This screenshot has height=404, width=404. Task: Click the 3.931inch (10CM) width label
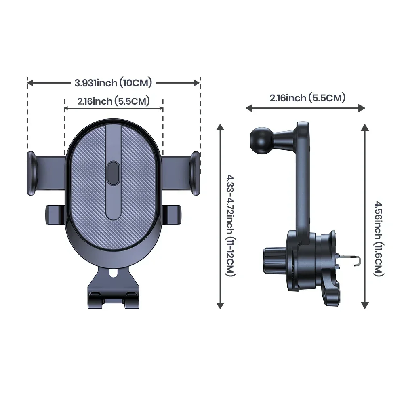113,83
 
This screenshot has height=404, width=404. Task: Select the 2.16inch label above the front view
114,101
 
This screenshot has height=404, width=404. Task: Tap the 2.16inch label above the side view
307,98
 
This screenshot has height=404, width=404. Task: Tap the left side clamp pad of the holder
32,174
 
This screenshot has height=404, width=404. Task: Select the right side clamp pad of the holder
196,174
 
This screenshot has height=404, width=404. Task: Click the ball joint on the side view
261,139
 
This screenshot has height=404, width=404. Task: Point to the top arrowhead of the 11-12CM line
220,128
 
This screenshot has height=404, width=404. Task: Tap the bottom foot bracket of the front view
114,297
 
